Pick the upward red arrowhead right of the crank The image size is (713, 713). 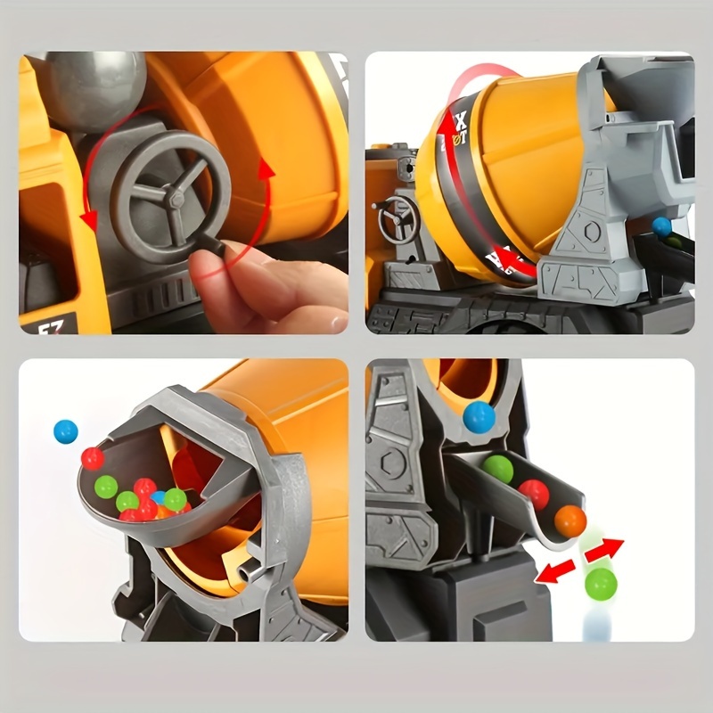(264, 168)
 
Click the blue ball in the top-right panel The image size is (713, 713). (661, 226)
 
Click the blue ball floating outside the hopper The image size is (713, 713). (65, 431)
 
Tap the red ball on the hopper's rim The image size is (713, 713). (93, 458)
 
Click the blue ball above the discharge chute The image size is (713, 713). (479, 416)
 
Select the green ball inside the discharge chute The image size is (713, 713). (498, 469)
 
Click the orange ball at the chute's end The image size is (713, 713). (570, 521)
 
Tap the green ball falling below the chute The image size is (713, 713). (600, 584)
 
